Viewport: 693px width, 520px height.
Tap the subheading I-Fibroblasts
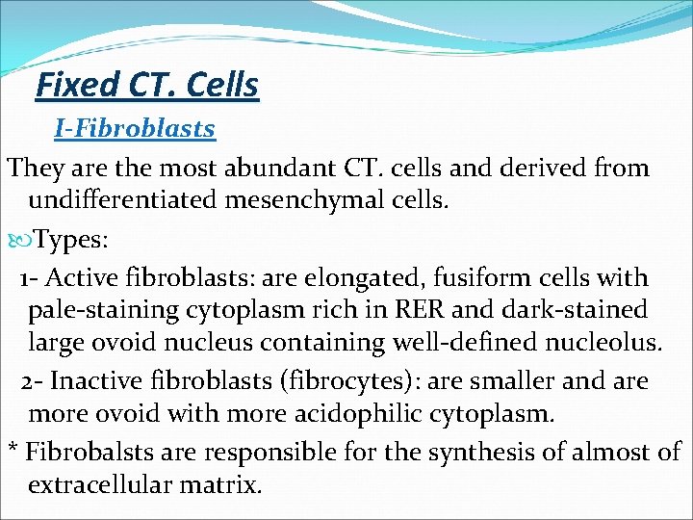[135, 128]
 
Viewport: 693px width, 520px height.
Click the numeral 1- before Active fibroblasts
[28, 278]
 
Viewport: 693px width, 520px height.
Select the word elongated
[345, 278]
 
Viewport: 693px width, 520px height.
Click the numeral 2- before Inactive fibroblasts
[32, 381]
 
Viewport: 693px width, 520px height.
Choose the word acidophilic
[316, 414]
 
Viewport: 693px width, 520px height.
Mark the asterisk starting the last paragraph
[13, 449]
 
